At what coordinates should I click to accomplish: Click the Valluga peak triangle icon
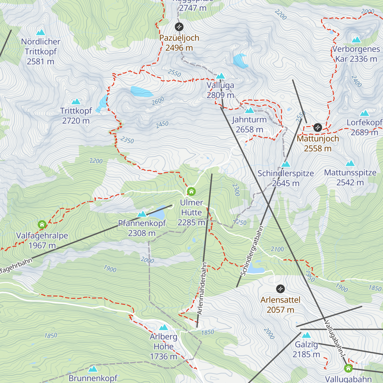click(221, 76)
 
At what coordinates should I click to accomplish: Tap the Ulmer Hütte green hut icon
click(191, 191)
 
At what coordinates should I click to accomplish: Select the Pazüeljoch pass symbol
click(179, 26)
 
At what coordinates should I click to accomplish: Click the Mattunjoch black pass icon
click(318, 127)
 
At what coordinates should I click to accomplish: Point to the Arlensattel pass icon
click(280, 289)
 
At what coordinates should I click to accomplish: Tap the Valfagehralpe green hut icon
click(42, 225)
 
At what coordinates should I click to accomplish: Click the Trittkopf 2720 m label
click(76, 116)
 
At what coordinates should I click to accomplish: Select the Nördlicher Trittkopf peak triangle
click(41, 32)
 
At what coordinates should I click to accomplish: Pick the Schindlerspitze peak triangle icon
click(286, 164)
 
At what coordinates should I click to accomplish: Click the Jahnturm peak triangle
click(250, 110)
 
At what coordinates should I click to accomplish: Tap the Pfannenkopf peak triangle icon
click(142, 214)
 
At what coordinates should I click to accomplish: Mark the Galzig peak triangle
click(306, 335)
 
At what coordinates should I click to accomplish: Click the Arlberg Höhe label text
click(163, 346)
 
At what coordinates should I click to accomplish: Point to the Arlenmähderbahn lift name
click(202, 289)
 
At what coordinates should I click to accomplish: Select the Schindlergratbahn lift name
click(252, 251)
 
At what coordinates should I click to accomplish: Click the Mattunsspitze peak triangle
click(350, 163)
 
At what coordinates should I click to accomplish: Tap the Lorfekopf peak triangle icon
click(364, 113)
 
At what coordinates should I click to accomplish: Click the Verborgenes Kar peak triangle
click(356, 40)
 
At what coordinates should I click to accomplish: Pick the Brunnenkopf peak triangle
click(93, 369)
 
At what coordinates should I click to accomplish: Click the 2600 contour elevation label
click(158, 101)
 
